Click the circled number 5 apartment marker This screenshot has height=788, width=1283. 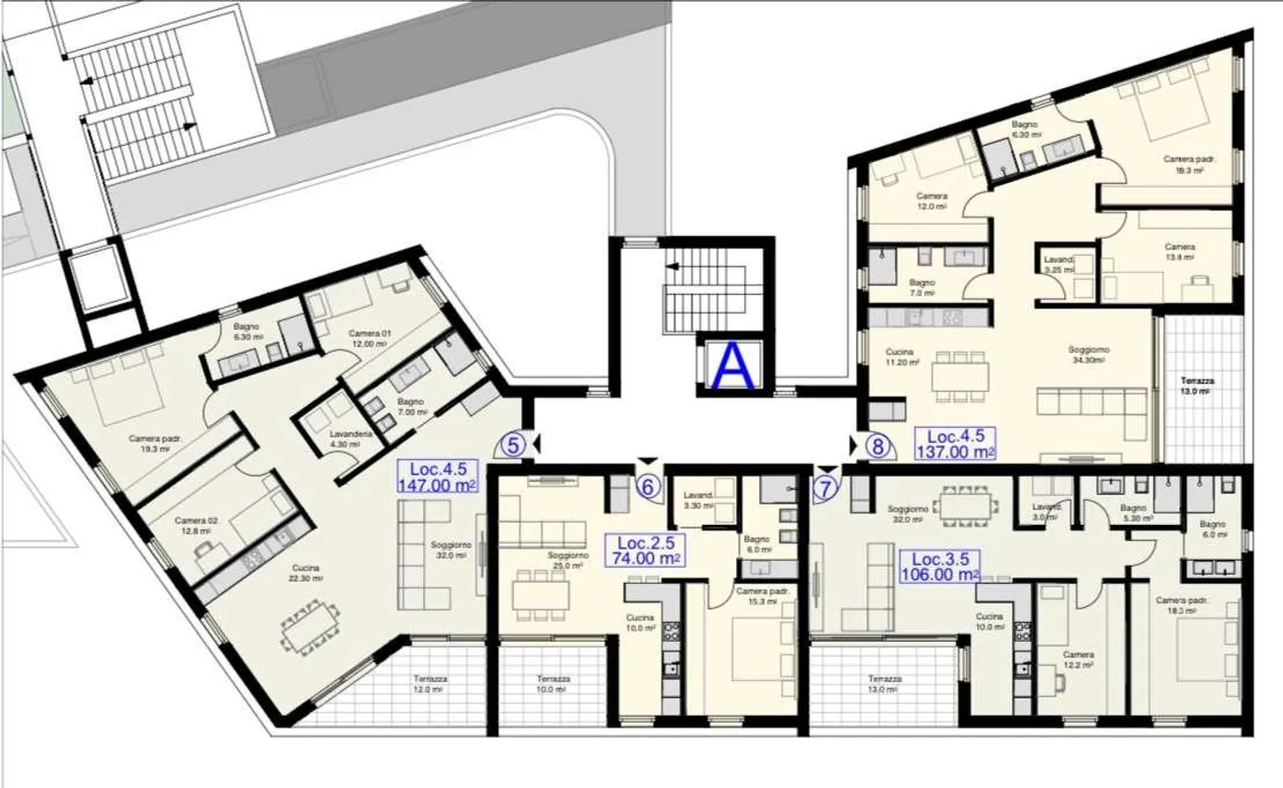pos(512,444)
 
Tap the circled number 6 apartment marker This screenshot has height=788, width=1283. pos(649,487)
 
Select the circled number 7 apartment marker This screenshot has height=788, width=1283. pos(826,488)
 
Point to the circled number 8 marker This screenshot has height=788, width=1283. pos(878,446)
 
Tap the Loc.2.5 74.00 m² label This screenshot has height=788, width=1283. pos(643,550)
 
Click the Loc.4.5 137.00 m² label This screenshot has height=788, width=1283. pos(955,444)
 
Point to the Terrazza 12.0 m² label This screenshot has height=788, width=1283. pos(429,684)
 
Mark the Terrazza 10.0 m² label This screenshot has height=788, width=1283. pos(553,684)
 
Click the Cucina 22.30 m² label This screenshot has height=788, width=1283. pos(306,572)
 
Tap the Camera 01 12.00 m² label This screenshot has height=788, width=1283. pos(369,338)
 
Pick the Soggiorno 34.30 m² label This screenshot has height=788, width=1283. pos(1088,355)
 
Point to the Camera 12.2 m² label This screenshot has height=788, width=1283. pos(1078,660)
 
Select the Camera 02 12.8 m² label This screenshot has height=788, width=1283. pos(196,525)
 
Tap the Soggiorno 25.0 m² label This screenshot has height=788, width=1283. pos(568,560)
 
